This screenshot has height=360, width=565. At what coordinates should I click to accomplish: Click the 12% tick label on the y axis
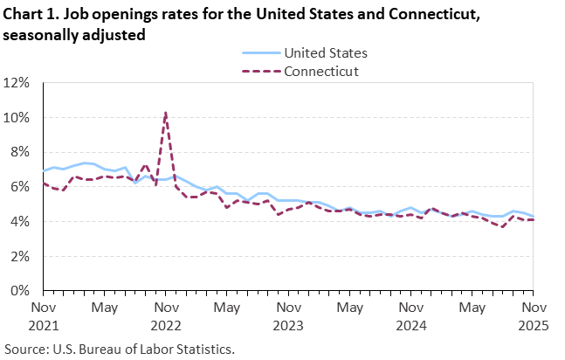click(18, 83)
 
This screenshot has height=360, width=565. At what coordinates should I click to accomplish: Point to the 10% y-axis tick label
click(18, 117)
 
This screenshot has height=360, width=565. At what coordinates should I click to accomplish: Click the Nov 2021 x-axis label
click(44, 316)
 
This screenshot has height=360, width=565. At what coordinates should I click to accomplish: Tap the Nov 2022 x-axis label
click(166, 316)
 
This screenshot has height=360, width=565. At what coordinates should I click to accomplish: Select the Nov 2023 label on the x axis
click(287, 316)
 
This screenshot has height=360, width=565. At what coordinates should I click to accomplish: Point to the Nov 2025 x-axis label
click(532, 316)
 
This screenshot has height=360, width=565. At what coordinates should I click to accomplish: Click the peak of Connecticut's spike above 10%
click(166, 112)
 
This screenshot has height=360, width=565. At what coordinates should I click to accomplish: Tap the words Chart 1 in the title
click(31, 14)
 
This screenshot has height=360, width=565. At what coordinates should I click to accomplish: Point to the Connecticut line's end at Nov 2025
click(532, 219)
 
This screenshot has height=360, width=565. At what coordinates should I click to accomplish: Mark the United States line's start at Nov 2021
click(44, 170)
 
